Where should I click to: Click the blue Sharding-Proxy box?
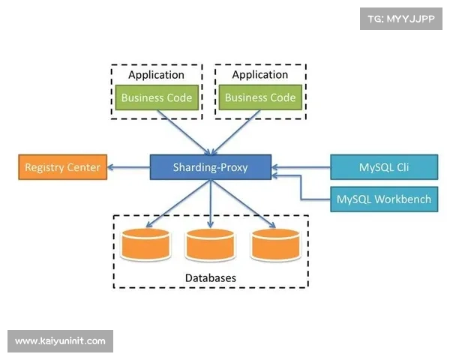coord(210,166)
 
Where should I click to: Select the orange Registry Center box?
coord(62,166)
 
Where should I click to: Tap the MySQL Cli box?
coord(382,166)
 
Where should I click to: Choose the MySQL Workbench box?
coord(383,199)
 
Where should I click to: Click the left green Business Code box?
coord(157,97)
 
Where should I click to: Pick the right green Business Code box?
coord(260,97)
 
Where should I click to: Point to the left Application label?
coord(156,75)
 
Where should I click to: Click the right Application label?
coord(259,75)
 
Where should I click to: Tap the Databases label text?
coord(211,277)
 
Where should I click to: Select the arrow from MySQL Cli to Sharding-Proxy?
coord(300,166)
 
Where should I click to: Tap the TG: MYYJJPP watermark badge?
coord(400,18)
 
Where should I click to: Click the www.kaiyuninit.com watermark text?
coord(60,341)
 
